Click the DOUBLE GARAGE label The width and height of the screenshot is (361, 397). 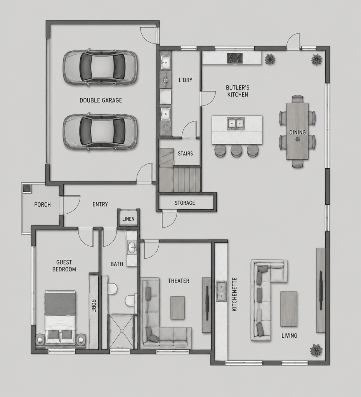click(x=101, y=100)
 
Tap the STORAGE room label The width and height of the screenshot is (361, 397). click(x=185, y=203)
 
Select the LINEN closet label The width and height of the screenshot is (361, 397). click(x=128, y=219)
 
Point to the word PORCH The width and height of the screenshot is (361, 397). click(x=42, y=204)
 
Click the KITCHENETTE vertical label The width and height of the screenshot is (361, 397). click(x=234, y=294)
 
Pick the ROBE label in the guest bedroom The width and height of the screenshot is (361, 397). click(x=93, y=306)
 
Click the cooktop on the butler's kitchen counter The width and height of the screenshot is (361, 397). click(x=235, y=58)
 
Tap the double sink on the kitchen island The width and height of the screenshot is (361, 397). click(x=236, y=124)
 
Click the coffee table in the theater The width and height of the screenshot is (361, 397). click(x=177, y=307)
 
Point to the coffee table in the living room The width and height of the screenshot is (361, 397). click(x=289, y=309)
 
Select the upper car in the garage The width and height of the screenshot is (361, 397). click(x=100, y=67)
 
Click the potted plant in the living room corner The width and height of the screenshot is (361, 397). click(x=316, y=350)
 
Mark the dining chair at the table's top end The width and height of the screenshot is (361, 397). click(x=298, y=99)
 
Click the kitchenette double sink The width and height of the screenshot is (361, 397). click(x=220, y=291)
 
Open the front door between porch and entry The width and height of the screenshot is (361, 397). click(x=71, y=205)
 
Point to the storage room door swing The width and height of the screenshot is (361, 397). click(x=169, y=219)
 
